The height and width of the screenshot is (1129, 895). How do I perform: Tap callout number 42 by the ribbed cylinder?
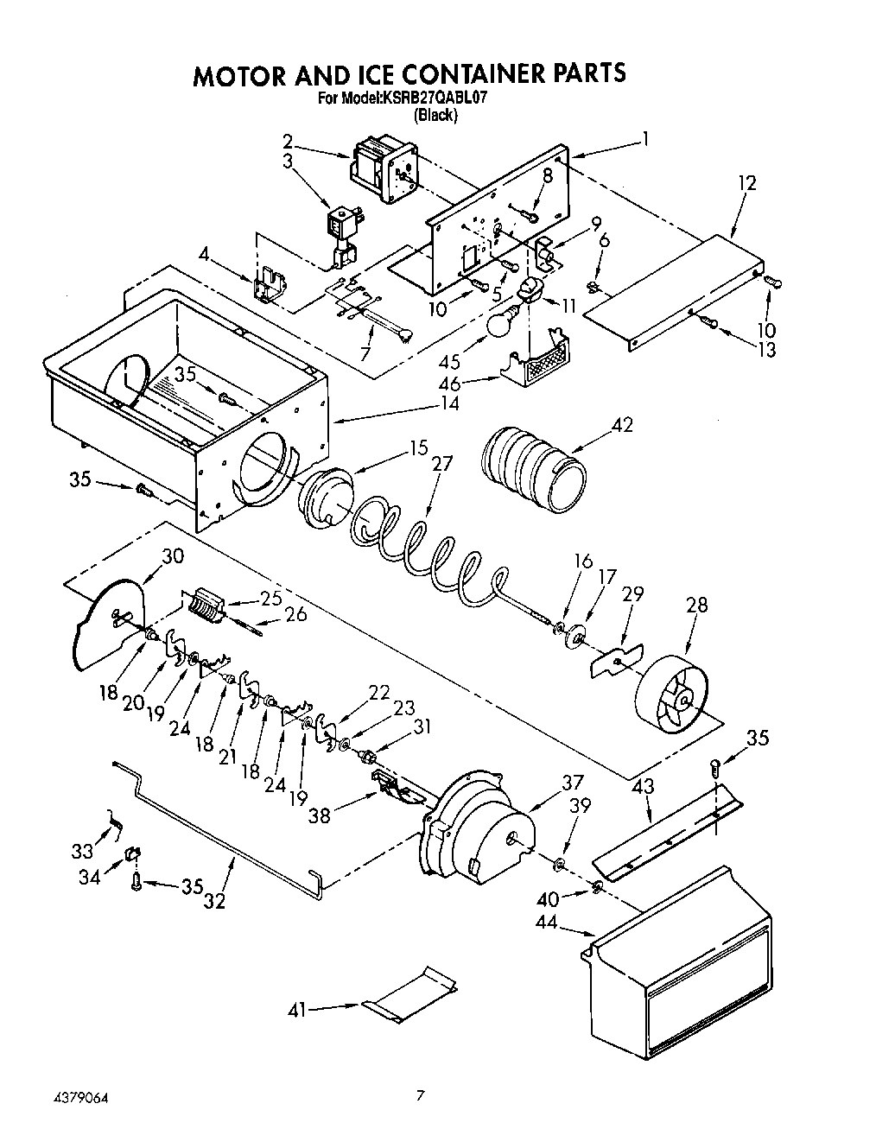pos(622,424)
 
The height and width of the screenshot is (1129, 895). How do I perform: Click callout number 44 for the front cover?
pos(548,923)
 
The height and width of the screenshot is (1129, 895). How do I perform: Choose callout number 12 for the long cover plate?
pos(746,183)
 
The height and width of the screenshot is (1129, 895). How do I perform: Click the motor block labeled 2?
pos(380,171)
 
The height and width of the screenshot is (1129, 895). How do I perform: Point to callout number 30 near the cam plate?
pos(173,556)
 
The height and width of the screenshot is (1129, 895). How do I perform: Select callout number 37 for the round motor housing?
pos(573,783)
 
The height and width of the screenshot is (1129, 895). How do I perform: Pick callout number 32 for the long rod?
pos(215,900)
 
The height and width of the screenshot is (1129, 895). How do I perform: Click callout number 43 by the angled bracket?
pos(643,787)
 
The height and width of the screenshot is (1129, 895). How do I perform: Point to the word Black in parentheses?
pos(435,115)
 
